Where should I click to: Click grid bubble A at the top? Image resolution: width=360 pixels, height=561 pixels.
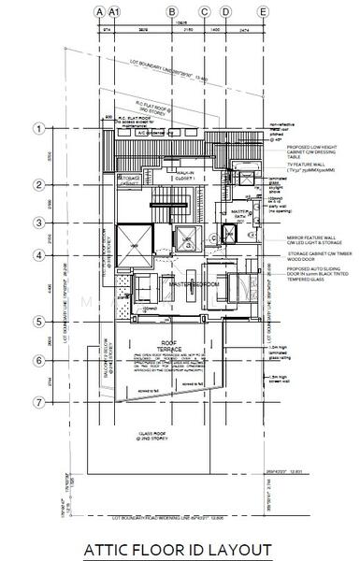click(99, 11)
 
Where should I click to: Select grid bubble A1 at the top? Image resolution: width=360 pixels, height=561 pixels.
click(114, 11)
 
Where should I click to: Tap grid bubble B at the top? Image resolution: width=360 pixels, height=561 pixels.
click(172, 11)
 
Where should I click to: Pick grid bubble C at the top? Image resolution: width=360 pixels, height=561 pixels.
click(203, 11)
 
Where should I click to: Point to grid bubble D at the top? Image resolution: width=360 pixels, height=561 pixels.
click(225, 11)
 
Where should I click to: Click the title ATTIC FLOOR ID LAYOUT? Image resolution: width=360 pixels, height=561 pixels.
click(178, 549)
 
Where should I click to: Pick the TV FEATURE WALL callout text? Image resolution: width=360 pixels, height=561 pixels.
click(295, 169)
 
